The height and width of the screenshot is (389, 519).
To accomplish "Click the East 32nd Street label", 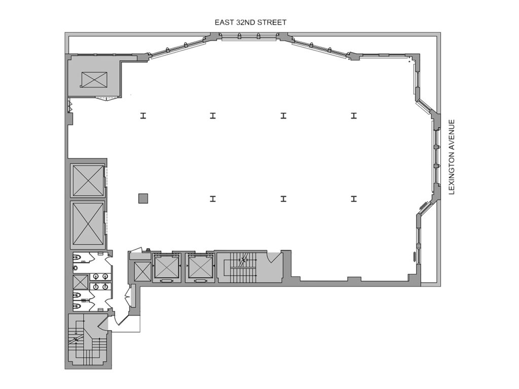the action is [250, 22].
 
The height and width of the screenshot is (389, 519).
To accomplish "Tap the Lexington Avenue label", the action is [452, 157].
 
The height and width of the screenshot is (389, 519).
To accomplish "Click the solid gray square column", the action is [143, 199].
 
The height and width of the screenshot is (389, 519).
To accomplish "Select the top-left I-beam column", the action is [143, 115].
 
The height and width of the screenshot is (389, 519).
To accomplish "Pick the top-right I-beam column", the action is [354, 115].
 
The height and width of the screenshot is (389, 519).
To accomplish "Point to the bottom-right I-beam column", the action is [354, 199].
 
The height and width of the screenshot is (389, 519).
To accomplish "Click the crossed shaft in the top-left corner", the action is [94, 80].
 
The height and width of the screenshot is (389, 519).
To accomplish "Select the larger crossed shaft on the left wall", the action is [88, 224].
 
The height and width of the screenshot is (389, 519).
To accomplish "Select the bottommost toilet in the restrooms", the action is [77, 305].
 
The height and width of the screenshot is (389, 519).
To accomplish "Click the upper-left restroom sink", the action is [96, 276].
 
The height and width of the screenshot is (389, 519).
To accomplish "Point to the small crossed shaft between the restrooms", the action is [81, 282].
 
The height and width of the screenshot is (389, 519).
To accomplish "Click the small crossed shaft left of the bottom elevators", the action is [142, 271].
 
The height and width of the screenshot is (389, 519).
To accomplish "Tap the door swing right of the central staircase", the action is [275, 257].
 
